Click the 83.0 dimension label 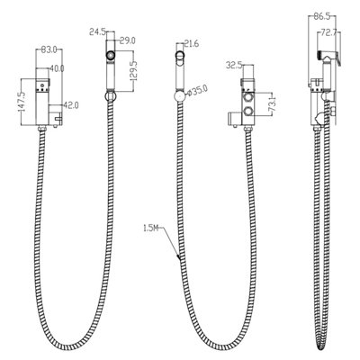point(49,50)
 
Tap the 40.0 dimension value point(57,68)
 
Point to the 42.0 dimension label point(71,105)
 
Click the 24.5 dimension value point(97,31)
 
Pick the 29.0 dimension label point(128,40)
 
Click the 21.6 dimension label point(192,44)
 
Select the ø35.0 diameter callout point(197,91)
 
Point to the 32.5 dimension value point(234,65)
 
